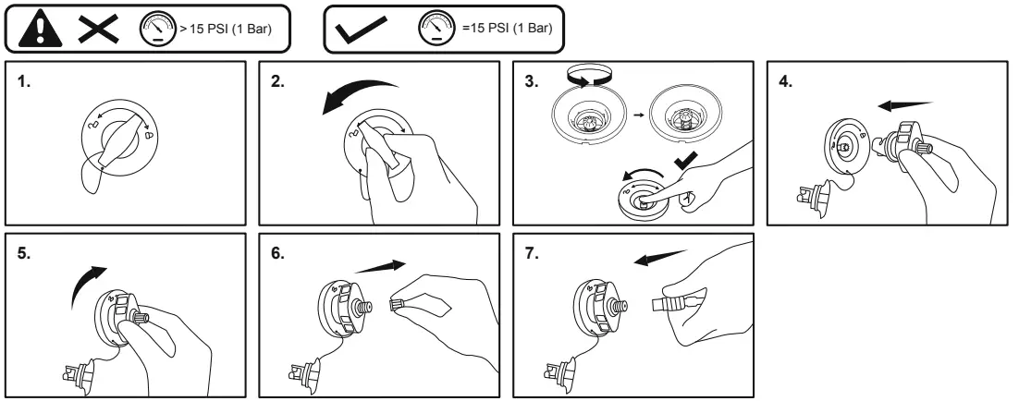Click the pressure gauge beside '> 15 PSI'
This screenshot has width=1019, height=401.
click(153, 29)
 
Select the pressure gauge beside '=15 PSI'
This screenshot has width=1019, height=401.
click(439, 29)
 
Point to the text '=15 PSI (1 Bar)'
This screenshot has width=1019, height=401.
click(506, 29)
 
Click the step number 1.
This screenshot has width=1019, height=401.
click(24, 81)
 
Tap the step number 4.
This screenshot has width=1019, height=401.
click(786, 81)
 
